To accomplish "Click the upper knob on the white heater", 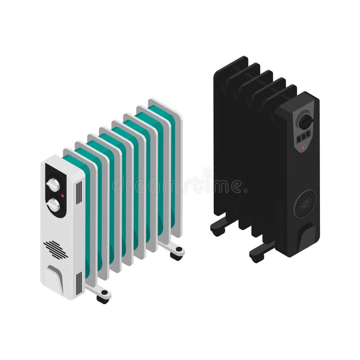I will click(x=53, y=185).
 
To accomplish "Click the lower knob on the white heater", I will click(x=54, y=205).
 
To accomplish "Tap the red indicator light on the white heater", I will click(x=63, y=196).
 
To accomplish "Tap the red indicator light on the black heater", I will click(x=303, y=147).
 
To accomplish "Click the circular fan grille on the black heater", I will click(x=305, y=203).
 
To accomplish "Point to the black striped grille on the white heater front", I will click(x=55, y=249).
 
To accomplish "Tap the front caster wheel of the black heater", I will click(x=256, y=256).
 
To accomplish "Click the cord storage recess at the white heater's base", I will click(x=55, y=274).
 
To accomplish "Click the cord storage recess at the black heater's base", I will click(x=307, y=236).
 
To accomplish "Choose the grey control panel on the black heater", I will click(x=305, y=128).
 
